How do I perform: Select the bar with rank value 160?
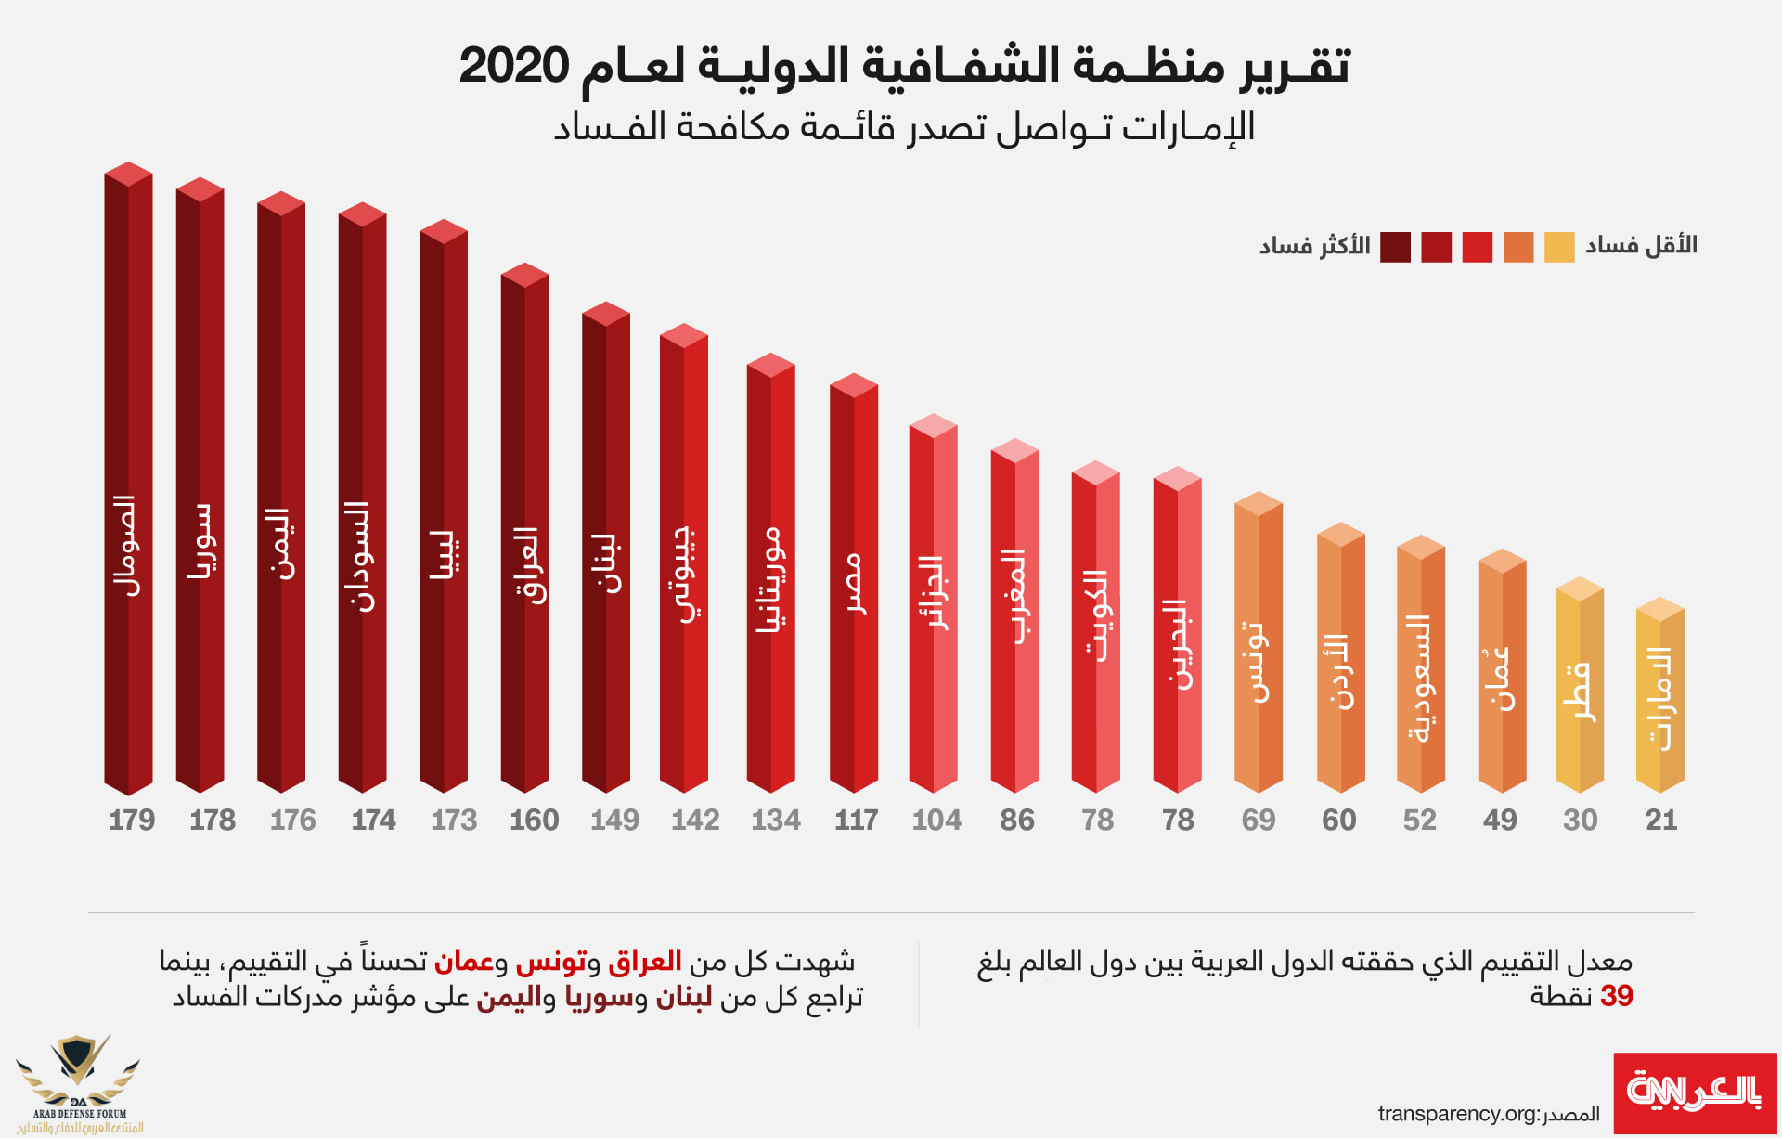(x=524, y=529)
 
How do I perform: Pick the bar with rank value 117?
(x=854, y=585)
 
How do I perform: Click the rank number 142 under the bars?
(x=695, y=821)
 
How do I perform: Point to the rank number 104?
(x=936, y=821)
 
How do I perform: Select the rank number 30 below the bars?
(x=1580, y=821)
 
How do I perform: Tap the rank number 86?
(x=1017, y=821)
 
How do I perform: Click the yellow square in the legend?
(x=1559, y=247)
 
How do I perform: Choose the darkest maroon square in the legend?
(x=1395, y=247)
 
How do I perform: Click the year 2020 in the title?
(x=513, y=67)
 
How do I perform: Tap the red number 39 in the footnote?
(x=1616, y=996)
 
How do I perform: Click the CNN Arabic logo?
(x=1695, y=1093)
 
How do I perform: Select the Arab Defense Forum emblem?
(x=79, y=1081)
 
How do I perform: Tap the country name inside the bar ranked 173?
(x=444, y=555)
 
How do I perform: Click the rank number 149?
(x=614, y=821)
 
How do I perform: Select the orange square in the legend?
(x=1518, y=247)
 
